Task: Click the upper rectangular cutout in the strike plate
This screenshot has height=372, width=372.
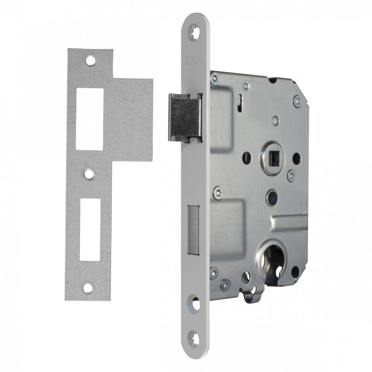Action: point(89,118)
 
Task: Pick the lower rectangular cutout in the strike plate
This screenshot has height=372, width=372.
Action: point(90,229)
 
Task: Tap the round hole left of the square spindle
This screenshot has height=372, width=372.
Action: point(247,157)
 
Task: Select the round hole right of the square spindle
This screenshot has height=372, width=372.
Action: point(296,158)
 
